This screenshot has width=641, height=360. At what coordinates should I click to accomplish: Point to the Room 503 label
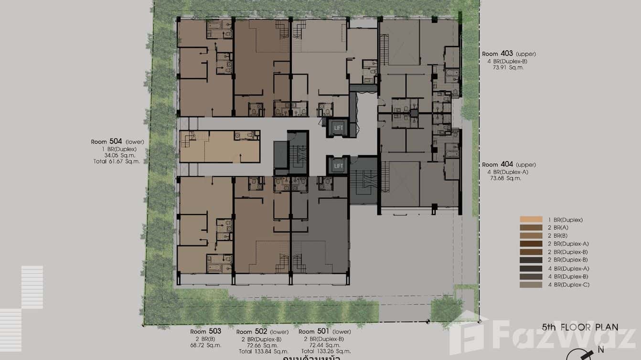[205, 331]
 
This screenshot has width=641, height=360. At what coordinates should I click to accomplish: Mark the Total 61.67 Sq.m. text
[117, 162]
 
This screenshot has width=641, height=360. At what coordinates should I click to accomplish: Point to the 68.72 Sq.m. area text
[205, 345]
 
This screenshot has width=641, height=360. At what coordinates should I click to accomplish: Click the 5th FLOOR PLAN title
[580, 328]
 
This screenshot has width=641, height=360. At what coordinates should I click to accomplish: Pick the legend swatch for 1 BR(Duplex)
[531, 220]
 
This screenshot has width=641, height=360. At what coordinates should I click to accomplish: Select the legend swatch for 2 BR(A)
[531, 228]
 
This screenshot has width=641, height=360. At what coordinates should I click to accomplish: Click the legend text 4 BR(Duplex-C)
[568, 285]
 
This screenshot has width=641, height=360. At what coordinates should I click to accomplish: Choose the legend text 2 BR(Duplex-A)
[568, 244]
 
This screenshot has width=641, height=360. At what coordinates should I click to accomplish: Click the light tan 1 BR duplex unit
[219, 147]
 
